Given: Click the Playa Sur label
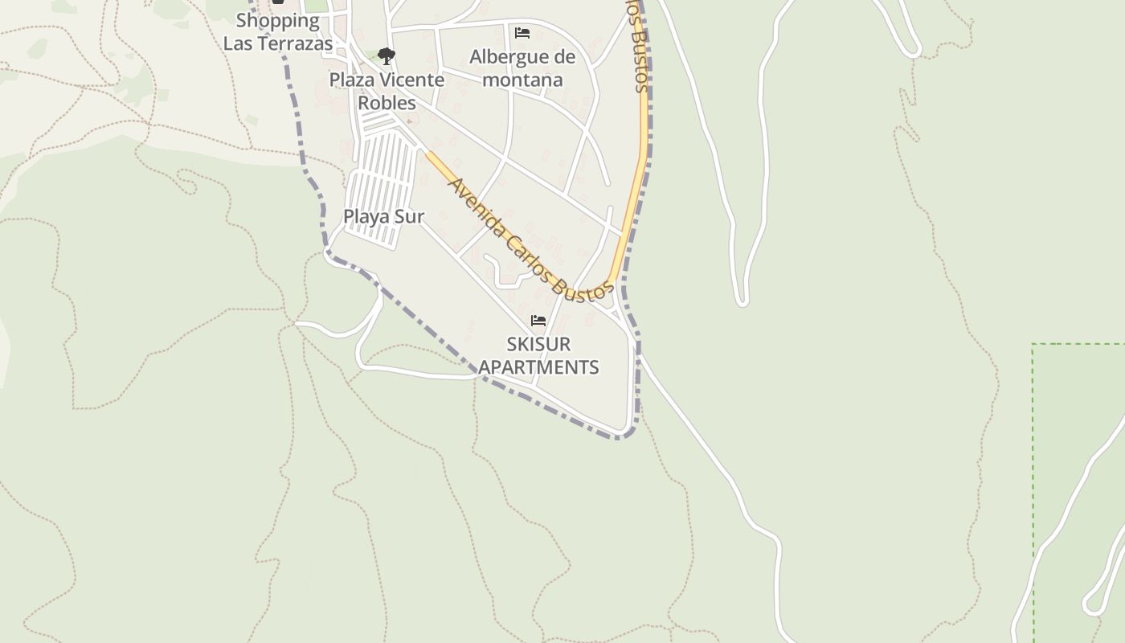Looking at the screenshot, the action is click(383, 216).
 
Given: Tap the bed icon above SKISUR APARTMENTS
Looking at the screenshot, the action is click(538, 321).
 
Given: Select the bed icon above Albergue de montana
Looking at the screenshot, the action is click(522, 33).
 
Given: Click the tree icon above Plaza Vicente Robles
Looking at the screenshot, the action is click(387, 55).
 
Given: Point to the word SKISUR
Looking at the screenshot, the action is click(538, 344).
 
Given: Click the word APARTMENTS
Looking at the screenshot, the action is click(538, 367).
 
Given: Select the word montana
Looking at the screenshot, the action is click(522, 80).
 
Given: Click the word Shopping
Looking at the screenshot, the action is click(277, 20).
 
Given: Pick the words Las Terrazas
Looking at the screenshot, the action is click(277, 43).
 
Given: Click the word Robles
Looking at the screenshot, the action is click(387, 103).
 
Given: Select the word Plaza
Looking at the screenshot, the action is click(351, 80).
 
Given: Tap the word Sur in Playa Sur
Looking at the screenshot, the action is click(409, 216).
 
